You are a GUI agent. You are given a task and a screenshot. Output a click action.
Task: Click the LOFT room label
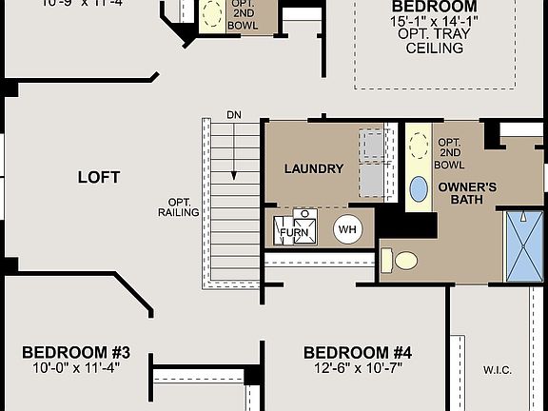click(x=99, y=177)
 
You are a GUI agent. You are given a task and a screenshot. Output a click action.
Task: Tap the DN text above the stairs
click(x=234, y=115)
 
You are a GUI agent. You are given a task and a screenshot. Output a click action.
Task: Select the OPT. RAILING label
click(x=178, y=207)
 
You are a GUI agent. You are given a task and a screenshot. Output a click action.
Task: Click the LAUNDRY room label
click(x=314, y=169)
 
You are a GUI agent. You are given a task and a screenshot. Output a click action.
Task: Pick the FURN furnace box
click(x=294, y=229)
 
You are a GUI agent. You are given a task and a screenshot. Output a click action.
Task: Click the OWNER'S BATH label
click(x=468, y=193)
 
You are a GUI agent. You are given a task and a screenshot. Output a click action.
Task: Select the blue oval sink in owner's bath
click(x=419, y=188)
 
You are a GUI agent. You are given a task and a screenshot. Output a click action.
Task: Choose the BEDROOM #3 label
click(x=76, y=353)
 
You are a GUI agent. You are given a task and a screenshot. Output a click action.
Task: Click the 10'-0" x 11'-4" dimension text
click(x=76, y=368)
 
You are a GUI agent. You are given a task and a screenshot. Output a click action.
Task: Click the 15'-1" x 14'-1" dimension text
click(x=434, y=20)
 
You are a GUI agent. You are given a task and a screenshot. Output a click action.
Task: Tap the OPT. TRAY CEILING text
click(x=434, y=41)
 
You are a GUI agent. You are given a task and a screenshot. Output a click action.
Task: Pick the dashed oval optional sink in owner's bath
click(x=419, y=146)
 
